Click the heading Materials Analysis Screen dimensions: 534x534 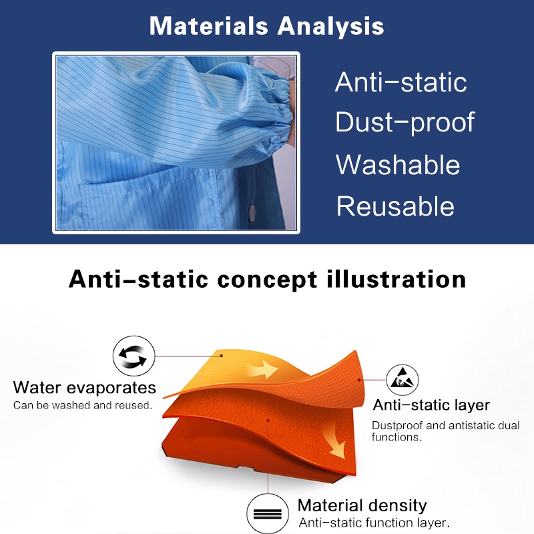[266, 26]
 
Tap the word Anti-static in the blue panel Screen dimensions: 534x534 [401, 82]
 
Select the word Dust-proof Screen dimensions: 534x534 [405, 122]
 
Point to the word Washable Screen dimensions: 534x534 [398, 164]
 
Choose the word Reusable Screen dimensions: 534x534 [395, 206]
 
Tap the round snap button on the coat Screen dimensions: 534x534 [252, 212]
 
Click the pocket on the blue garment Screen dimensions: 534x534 [150, 201]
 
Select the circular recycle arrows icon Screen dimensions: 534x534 [133, 356]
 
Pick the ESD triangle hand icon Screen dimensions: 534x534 [403, 380]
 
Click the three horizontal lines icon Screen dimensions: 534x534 [268, 513]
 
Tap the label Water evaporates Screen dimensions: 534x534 [85, 388]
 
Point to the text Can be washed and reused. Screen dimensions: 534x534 [82, 405]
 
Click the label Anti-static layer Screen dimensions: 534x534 [431, 405]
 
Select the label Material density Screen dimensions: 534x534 [362, 506]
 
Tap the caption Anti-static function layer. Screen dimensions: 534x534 [374, 523]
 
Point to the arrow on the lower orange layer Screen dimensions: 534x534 [334, 442]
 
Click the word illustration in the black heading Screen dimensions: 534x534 [396, 279]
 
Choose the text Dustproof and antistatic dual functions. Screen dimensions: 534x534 [445, 431]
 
